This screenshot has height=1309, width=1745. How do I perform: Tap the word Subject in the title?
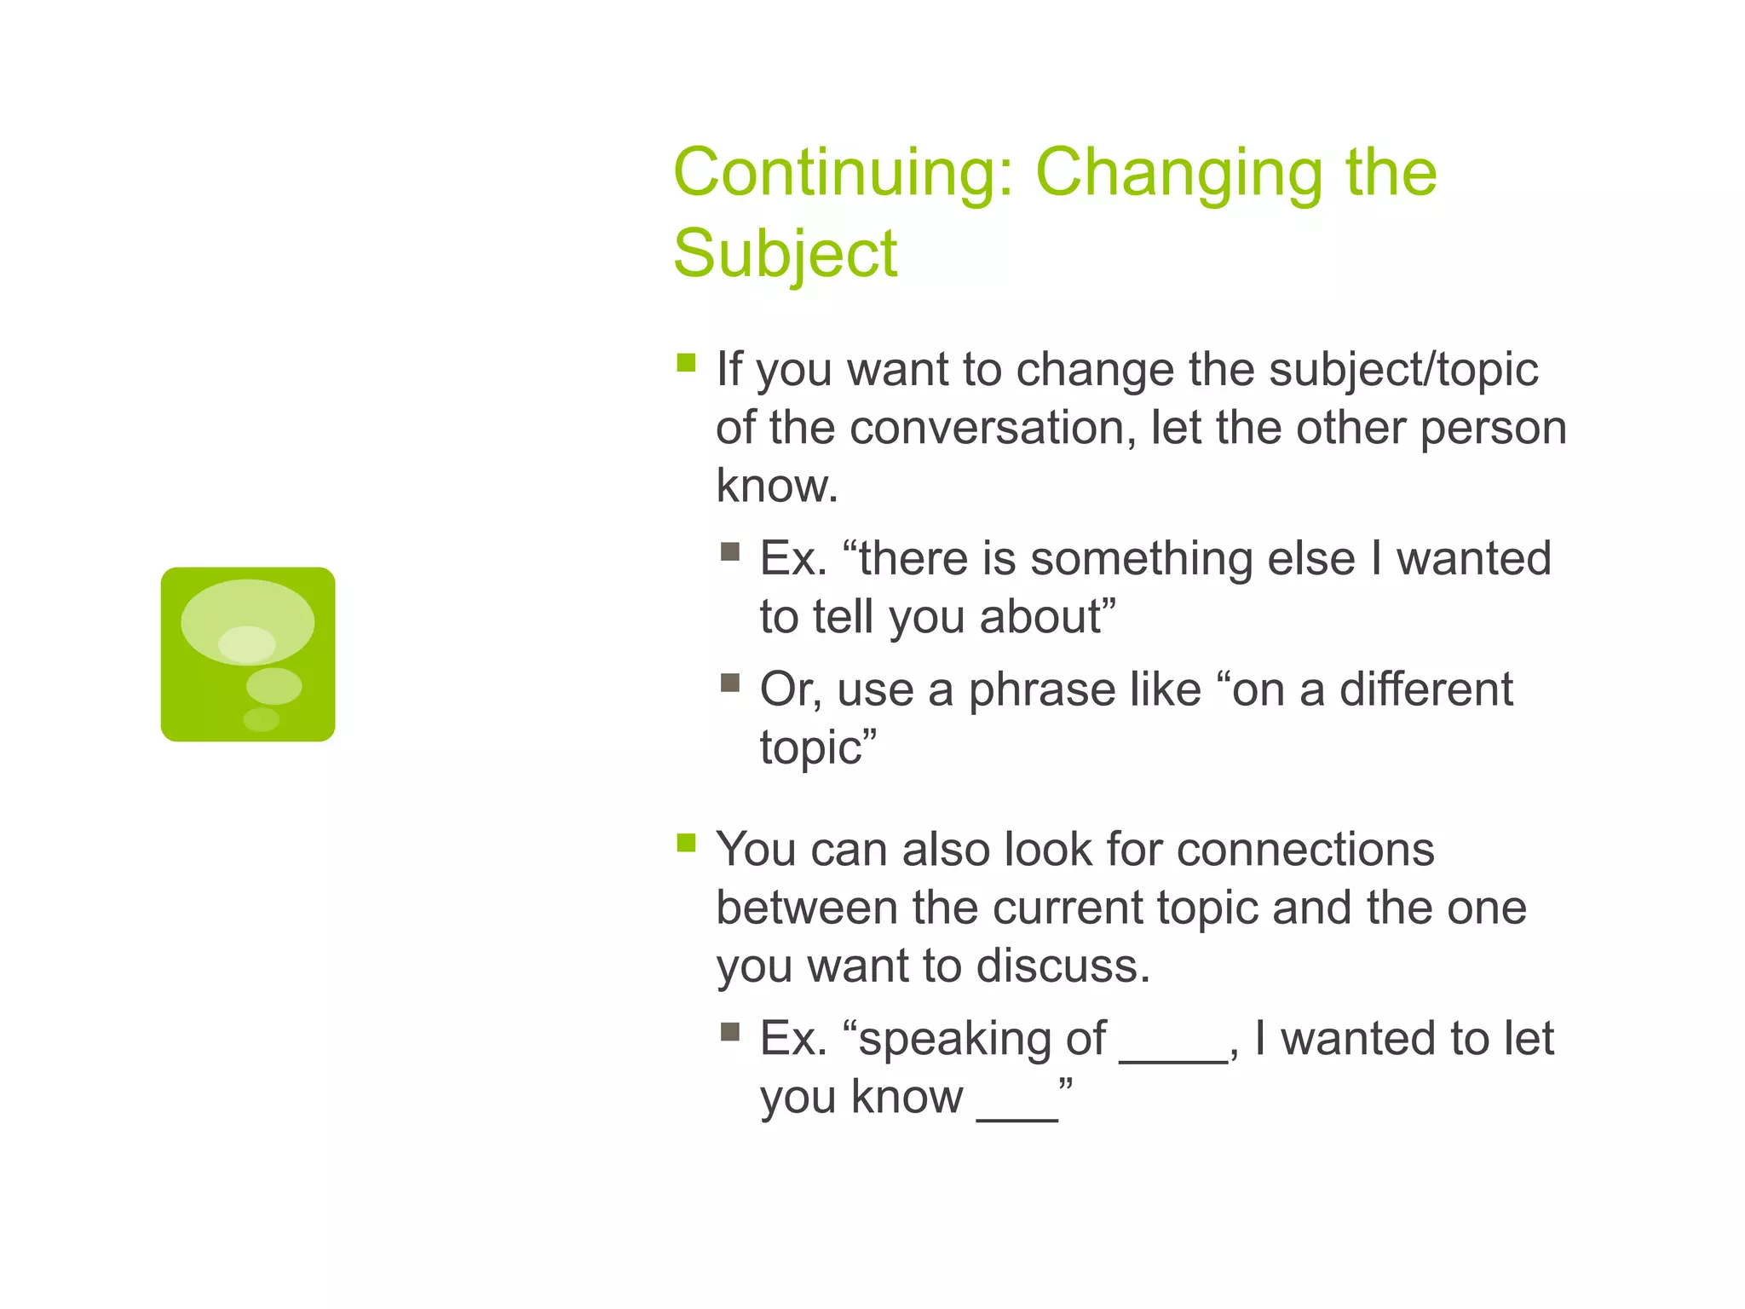coord(785,254)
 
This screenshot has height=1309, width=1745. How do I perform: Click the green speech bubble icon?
coord(248,654)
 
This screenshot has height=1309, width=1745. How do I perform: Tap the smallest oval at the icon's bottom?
coord(261,720)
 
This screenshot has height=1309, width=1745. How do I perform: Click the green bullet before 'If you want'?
coord(686,364)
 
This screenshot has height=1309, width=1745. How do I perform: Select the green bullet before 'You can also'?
coord(686,844)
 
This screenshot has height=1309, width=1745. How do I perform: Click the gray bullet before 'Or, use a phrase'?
coord(729,683)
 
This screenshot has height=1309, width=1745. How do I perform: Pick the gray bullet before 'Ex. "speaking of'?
coord(729,1033)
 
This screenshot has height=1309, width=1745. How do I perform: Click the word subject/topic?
coord(1403,371)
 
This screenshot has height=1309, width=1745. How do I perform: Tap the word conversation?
coord(992,428)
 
